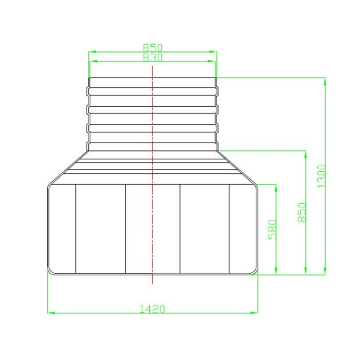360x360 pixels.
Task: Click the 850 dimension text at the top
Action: (x=153, y=47)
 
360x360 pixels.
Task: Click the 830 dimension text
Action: (x=153, y=57)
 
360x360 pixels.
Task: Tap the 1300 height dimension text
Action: (x=321, y=175)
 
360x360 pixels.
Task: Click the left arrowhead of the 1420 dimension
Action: (x=50, y=312)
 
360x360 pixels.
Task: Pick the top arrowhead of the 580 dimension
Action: (x=275, y=186)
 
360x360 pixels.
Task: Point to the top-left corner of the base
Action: (x=50, y=186)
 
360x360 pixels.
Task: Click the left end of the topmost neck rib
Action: (x=89, y=91)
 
